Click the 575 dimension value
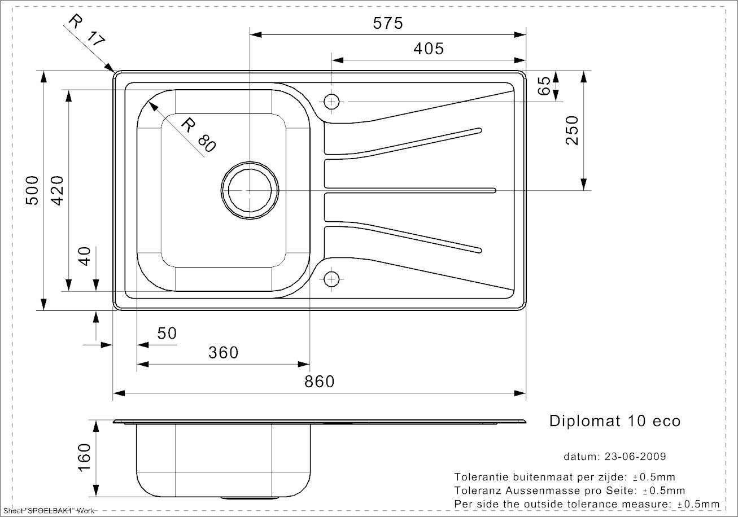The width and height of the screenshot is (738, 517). [x=388, y=23]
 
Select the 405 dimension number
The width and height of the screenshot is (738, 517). [x=429, y=49]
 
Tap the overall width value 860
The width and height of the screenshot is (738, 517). [x=319, y=382]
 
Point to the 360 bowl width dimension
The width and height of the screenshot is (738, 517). [x=223, y=353]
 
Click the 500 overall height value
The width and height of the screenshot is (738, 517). [x=32, y=191]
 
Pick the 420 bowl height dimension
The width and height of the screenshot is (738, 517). [x=58, y=191]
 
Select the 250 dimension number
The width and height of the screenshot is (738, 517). [x=572, y=130]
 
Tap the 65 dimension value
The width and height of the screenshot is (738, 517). [x=544, y=86]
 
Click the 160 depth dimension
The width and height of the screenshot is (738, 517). [x=84, y=458]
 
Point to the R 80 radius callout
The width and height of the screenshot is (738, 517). [x=198, y=135]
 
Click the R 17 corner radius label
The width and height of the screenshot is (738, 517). [x=86, y=30]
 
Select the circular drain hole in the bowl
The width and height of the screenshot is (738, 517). [x=250, y=191]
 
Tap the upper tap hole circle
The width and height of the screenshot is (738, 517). [x=331, y=102]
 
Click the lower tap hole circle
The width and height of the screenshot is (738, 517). [x=331, y=279]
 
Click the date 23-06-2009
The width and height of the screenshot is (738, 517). [x=635, y=457]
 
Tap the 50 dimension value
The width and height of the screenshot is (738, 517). [x=167, y=334]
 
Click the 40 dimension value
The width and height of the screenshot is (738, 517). [x=85, y=256]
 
